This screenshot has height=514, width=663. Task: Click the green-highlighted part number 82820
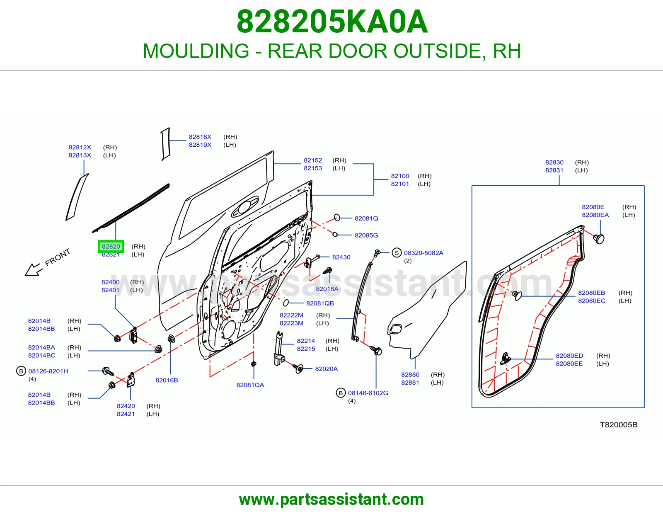[x=111, y=246]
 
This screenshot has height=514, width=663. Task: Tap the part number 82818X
[x=200, y=137]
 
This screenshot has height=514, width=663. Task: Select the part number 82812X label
[x=80, y=147]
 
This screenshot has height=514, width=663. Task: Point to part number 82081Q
[x=366, y=218]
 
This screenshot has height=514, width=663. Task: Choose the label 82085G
[x=366, y=235]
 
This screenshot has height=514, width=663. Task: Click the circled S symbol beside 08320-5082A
[x=396, y=253]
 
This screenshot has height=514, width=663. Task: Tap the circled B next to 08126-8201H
[x=21, y=371]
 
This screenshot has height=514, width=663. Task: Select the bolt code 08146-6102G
[x=368, y=393]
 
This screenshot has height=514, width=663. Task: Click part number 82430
[x=341, y=257]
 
